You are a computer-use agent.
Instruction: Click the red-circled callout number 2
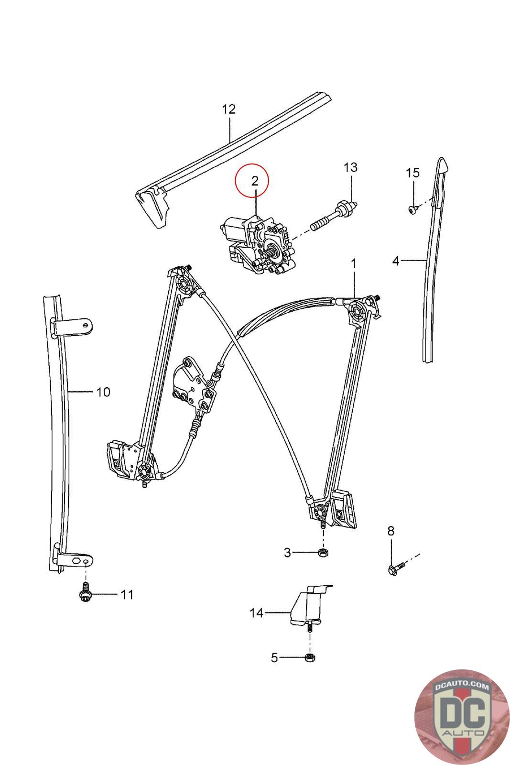coord(254,181)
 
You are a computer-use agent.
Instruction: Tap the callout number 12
coord(229,109)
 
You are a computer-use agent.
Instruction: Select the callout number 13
coord(350,167)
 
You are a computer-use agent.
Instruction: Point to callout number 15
coord(412,173)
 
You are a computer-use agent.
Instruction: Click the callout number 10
coord(103,392)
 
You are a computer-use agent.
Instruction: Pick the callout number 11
coord(127,595)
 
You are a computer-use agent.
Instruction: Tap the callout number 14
coord(257,613)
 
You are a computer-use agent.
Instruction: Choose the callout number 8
coord(391,530)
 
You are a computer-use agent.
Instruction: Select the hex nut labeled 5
coord(309,657)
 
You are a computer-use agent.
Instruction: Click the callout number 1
coord(354,263)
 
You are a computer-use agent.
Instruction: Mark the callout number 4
coord(396,261)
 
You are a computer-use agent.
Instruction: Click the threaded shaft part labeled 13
coord(335,216)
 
